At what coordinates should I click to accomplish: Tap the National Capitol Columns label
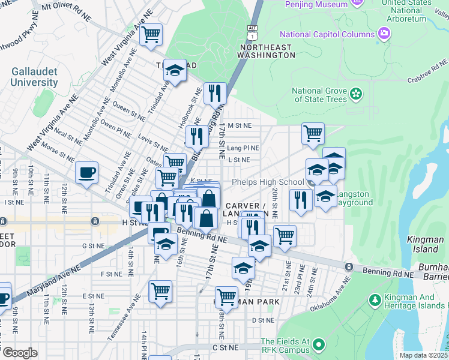tap(331, 34)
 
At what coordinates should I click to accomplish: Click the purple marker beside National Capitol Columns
tap(384, 34)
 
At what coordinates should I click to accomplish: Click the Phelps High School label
tap(267, 182)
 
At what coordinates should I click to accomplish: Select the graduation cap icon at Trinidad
tap(174, 71)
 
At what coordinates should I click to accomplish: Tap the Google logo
tap(19, 352)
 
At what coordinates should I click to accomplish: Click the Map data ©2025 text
tap(423, 355)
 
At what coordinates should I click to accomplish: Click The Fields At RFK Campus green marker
tap(319, 345)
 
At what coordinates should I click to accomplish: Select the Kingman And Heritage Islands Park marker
tap(375, 299)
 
